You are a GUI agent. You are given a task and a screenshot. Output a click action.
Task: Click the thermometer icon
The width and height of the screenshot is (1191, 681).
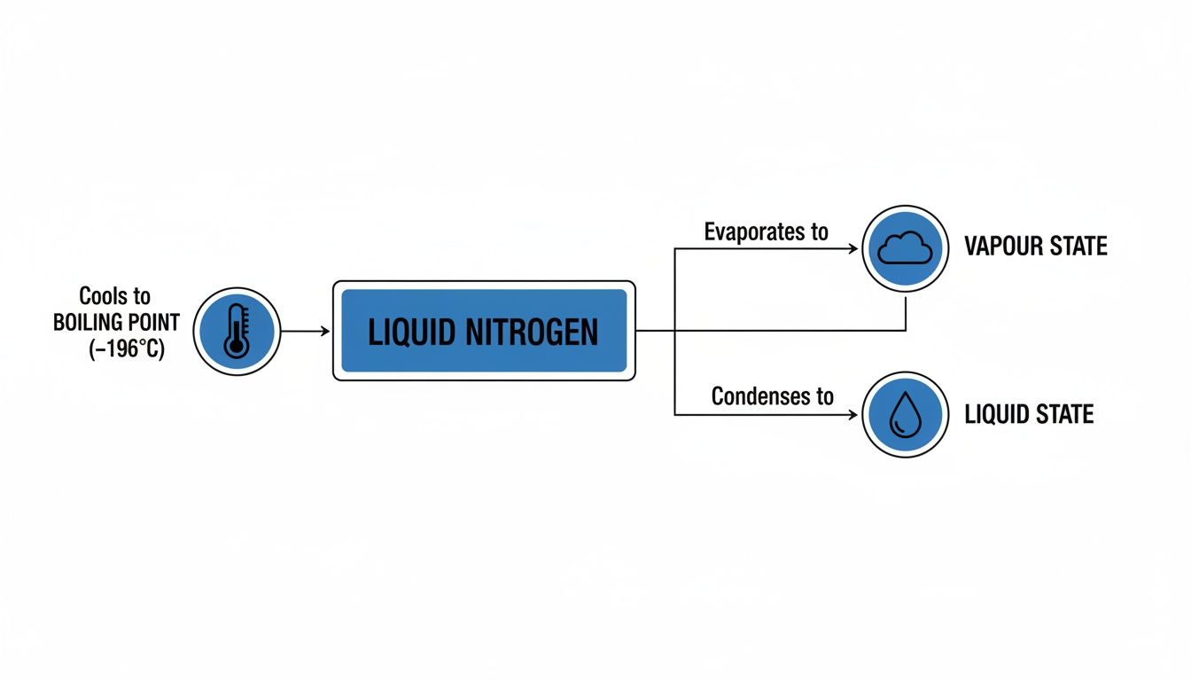[x=237, y=331]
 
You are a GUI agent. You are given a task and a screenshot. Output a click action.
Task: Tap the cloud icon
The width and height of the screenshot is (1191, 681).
[x=905, y=249]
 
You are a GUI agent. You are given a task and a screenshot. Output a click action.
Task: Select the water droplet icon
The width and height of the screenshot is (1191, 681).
[x=905, y=414]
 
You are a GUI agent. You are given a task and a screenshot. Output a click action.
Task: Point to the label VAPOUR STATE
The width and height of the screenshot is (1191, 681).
[x=1035, y=247]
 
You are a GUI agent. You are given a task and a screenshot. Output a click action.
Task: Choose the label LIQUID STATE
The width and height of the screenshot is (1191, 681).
[x=1028, y=414]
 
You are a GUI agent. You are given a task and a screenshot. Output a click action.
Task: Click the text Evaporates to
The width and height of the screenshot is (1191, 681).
[x=767, y=232]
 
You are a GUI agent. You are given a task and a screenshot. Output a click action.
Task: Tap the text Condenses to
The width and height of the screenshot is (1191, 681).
[x=772, y=395]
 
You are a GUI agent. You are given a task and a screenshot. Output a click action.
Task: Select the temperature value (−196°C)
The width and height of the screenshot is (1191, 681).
[x=127, y=349]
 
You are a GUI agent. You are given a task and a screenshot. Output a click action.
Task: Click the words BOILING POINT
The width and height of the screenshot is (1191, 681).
[x=116, y=323]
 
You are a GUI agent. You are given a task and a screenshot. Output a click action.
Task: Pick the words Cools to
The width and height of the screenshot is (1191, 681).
[x=115, y=296]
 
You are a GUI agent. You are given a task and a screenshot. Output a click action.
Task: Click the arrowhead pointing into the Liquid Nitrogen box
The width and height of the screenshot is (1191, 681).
[x=324, y=331]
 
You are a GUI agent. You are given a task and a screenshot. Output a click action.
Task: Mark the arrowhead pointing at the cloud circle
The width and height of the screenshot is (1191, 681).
[x=853, y=249]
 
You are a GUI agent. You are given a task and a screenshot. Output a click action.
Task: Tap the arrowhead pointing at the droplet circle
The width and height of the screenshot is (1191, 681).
[x=853, y=414]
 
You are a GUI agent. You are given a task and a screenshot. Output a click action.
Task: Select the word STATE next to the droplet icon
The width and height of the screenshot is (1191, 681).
[x=1063, y=414]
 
